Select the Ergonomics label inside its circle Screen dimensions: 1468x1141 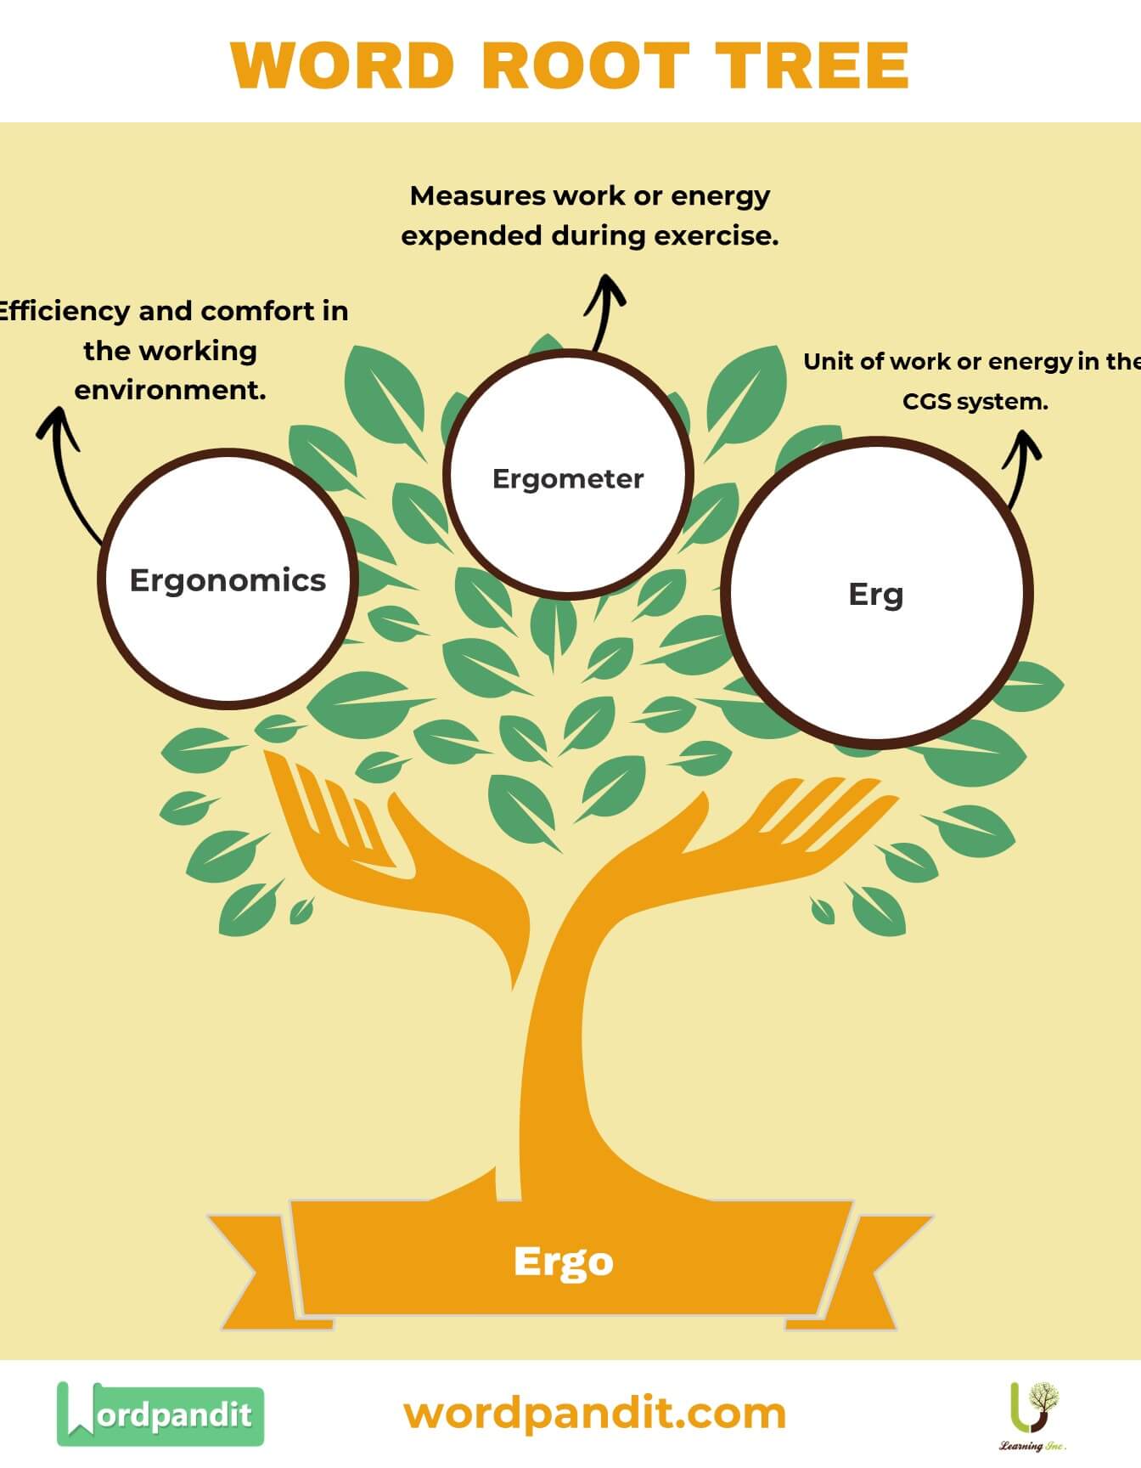pos(228,580)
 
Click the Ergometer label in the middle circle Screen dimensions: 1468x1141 pos(568,478)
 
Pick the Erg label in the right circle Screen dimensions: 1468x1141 pos(875,594)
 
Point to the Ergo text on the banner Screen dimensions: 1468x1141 pos(564,1262)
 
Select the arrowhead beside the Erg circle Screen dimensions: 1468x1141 pos(1023,446)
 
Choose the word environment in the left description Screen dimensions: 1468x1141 pos(170,390)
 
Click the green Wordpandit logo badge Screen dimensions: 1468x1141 pos(160,1414)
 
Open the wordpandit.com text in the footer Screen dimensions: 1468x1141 pos(594,1414)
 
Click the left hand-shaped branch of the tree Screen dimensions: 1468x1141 pos(357,833)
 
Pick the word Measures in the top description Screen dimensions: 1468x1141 pos(477,196)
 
